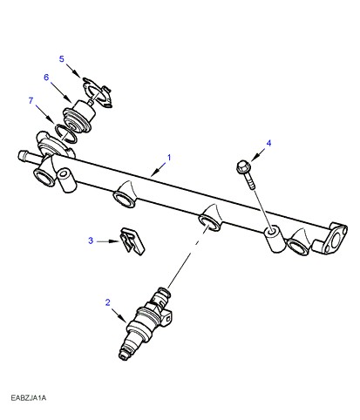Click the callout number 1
point(169,158)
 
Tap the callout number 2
point(108,302)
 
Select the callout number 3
point(91,240)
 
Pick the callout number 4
point(268,143)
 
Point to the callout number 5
point(62,59)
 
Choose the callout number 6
point(46,78)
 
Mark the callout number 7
point(31,100)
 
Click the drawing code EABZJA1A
point(29,397)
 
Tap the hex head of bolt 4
point(242,167)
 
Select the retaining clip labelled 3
point(132,241)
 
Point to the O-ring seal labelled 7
point(66,134)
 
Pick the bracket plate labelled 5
point(98,92)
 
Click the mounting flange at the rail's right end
point(334,239)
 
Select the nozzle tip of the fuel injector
point(124,356)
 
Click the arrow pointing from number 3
point(108,241)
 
